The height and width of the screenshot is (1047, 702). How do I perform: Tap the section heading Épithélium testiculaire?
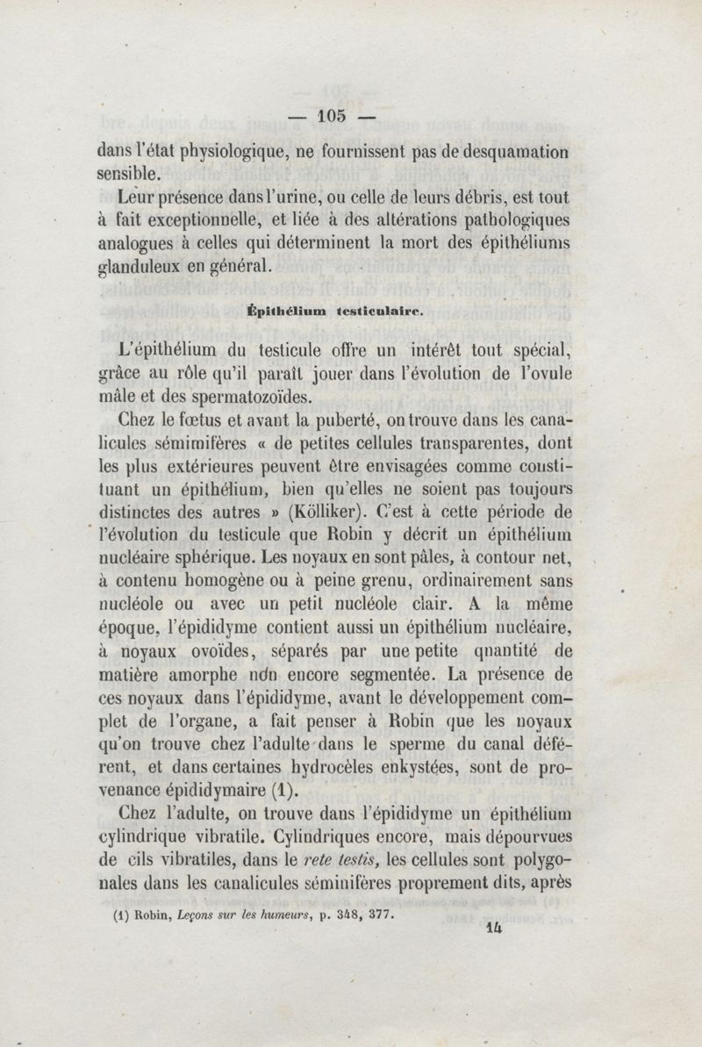click(337, 309)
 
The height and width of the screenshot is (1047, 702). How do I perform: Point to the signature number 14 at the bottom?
click(496, 936)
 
